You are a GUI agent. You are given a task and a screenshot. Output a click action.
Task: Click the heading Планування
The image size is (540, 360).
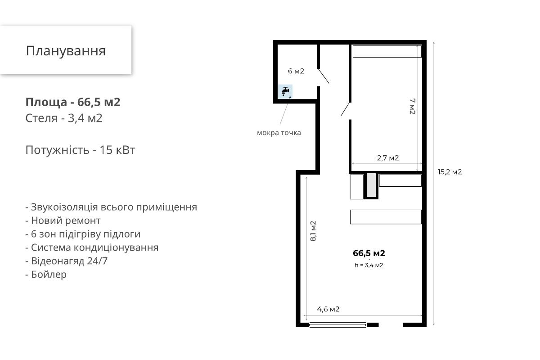pos(66,51)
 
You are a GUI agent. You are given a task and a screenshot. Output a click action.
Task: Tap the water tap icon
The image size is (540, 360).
pos(285,91)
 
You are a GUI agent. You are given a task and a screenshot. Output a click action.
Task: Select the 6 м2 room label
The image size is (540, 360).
pos(296,71)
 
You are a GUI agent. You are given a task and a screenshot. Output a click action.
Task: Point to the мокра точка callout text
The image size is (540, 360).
pos(279,133)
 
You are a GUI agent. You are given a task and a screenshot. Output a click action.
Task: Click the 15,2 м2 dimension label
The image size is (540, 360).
pos(450,172)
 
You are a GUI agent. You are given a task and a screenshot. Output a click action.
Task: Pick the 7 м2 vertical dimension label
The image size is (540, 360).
pos(413,106)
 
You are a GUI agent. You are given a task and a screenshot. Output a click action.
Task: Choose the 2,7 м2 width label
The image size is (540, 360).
pos(388,158)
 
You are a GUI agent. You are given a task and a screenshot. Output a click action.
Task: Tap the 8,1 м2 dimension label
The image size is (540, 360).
pos(313,231)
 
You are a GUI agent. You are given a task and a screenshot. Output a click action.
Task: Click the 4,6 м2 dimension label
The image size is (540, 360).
pos(328,309)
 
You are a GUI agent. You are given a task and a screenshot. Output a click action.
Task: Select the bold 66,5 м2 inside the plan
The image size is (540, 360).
pos(369,253)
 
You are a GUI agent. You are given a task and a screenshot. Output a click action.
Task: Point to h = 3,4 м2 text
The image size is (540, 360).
pos(369,265)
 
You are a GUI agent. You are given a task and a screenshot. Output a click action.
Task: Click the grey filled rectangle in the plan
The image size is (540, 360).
pos(371,185)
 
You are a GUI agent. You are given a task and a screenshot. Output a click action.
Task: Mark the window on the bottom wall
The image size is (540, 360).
pos(337,325)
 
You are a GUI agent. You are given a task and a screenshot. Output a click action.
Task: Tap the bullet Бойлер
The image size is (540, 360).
pos(46,274)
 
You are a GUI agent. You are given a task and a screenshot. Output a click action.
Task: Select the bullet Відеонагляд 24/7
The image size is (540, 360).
pos(66,261)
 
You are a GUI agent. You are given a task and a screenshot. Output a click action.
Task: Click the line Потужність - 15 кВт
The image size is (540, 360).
pos(80,150)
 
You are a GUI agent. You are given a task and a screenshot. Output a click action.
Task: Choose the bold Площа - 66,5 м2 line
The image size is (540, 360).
pos(73,102)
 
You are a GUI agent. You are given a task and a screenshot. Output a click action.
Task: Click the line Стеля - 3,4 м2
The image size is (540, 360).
pos(64,118)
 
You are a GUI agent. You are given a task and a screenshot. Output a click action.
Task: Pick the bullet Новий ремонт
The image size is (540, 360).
pos(63,220)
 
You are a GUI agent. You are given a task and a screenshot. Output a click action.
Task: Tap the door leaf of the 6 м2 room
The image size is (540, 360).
pos(324,76)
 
